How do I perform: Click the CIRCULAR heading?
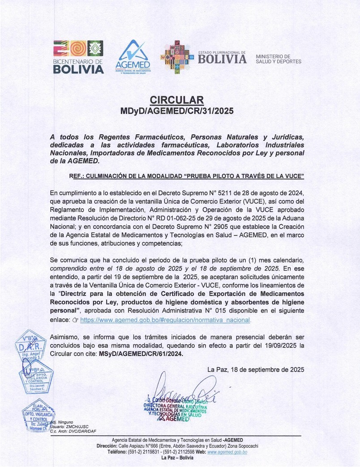pyautogui.click(x=176, y=99)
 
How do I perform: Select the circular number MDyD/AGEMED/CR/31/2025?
pyautogui.click(x=176, y=110)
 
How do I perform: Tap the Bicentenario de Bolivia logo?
pyautogui.click(x=78, y=57)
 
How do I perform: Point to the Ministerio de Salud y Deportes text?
pyautogui.click(x=279, y=59)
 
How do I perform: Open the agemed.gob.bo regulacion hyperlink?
pyautogui.click(x=165, y=321)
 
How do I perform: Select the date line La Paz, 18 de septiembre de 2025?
pyautogui.click(x=256, y=369)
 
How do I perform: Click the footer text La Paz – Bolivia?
pyautogui.click(x=177, y=458)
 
